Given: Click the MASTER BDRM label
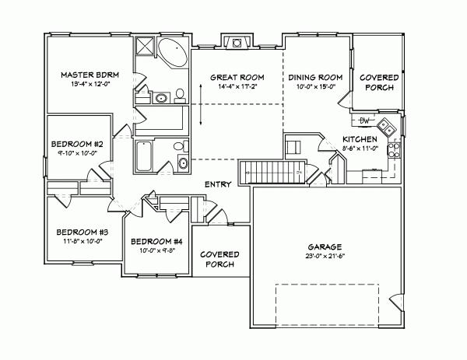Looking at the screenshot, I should click(x=88, y=75).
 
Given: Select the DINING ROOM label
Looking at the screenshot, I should click(x=316, y=78).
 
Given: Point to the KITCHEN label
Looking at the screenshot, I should click(x=360, y=139).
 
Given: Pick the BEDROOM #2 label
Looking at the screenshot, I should click(x=72, y=144).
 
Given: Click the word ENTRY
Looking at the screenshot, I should click(x=216, y=184).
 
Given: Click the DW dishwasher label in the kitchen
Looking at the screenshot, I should click(x=363, y=121).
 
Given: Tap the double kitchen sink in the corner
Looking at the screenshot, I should click(x=385, y=125).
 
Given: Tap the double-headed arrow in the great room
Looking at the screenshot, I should click(x=200, y=104).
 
